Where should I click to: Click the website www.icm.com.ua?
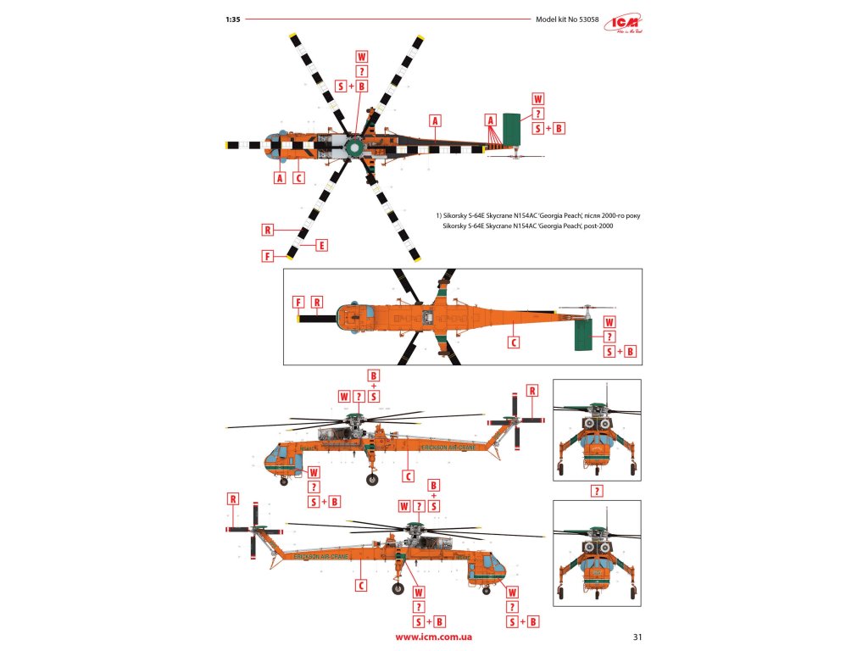tap(434, 636)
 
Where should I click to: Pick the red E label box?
tap(321, 246)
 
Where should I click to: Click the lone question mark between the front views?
tap(597, 491)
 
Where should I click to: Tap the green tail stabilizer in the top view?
tap(512, 129)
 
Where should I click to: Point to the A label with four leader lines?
tap(490, 120)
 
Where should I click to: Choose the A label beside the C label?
tap(280, 178)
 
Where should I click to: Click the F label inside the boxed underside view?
tap(298, 302)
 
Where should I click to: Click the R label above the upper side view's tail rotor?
tap(532, 391)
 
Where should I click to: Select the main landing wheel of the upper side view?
tap(372, 480)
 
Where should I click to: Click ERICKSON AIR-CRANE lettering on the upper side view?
tap(440, 446)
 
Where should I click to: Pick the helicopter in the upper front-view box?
tap(597, 431)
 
